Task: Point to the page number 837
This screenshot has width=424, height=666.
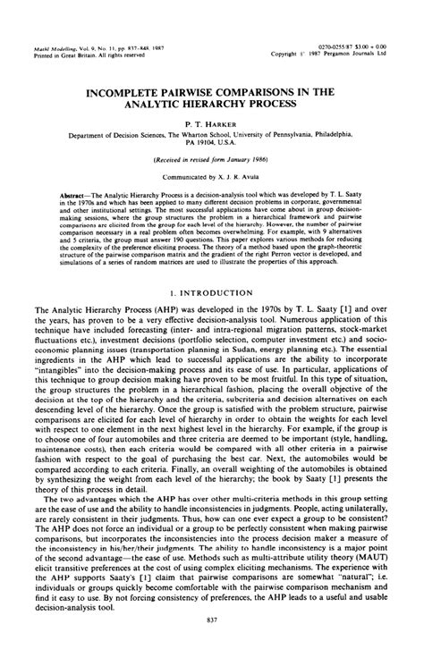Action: (212, 646)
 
